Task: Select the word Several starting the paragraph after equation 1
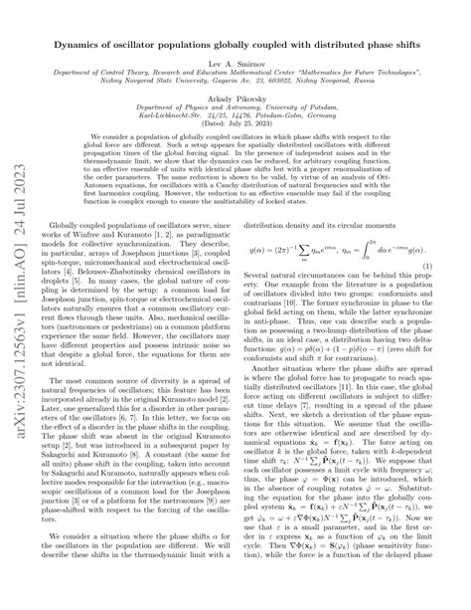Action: click(268, 281)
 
